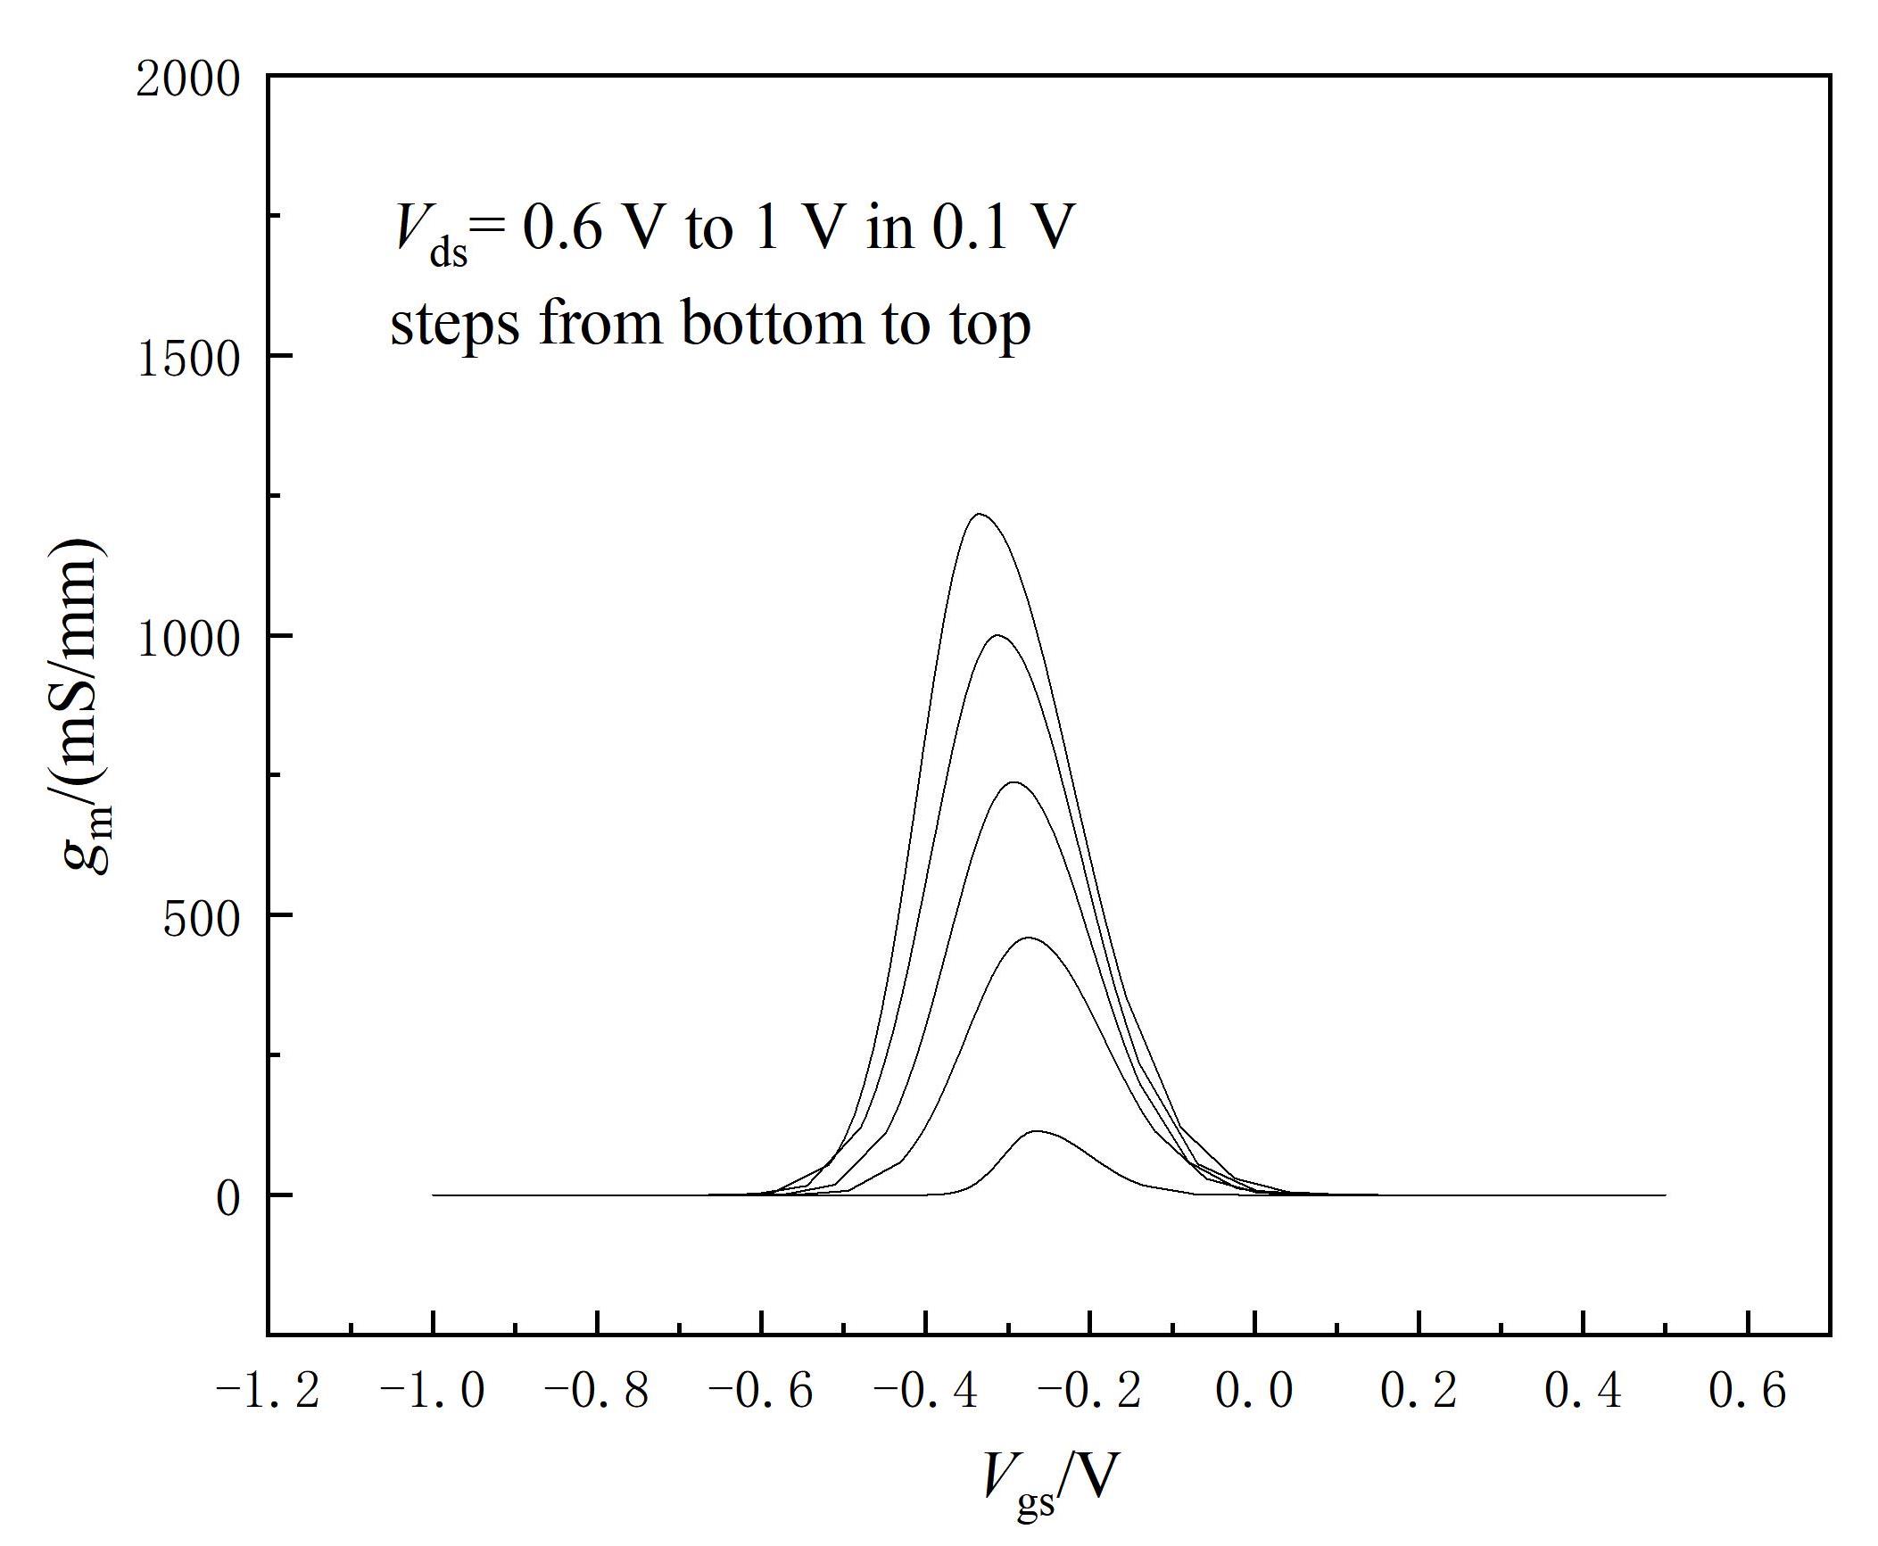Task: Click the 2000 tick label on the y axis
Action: pyautogui.click(x=188, y=79)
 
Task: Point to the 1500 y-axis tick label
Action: pyautogui.click(x=188, y=359)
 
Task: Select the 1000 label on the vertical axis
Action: pyautogui.click(x=188, y=639)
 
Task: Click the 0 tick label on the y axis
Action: pyautogui.click(x=228, y=1198)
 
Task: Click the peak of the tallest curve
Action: pyautogui.click(x=980, y=514)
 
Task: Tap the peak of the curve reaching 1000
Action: pyautogui.click(x=997, y=635)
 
